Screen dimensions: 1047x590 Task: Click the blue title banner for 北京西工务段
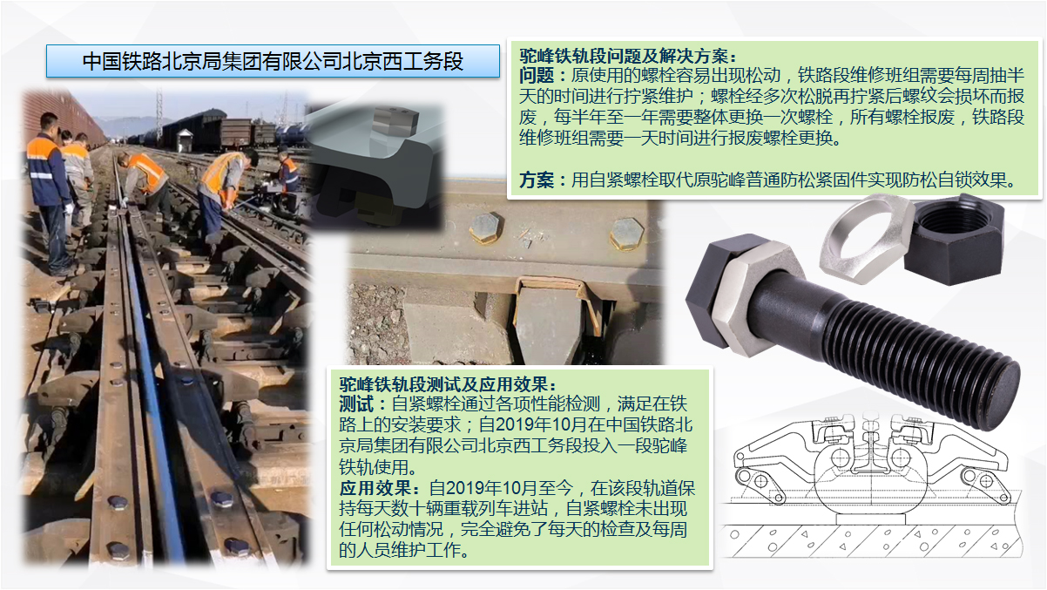tap(273, 61)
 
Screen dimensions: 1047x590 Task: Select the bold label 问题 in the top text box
tap(536, 76)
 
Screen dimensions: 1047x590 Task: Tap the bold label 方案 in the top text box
tap(536, 180)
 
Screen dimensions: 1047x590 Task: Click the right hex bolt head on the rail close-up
tap(627, 234)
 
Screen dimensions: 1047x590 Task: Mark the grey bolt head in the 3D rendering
tap(395, 120)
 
